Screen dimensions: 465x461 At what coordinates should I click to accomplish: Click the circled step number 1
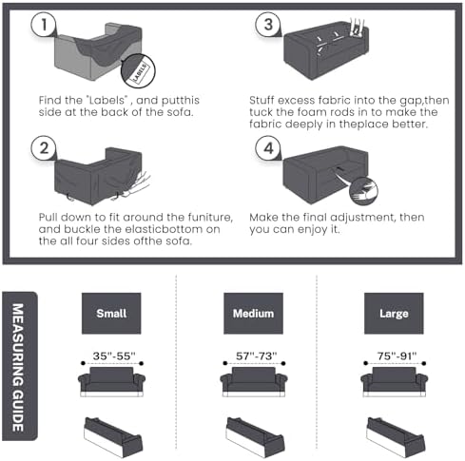click(44, 25)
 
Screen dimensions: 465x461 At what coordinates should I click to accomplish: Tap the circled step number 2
click(44, 148)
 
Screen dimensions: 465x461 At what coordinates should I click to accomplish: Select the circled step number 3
click(268, 25)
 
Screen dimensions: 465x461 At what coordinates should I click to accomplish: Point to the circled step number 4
click(268, 148)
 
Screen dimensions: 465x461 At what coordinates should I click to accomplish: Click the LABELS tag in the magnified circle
click(140, 73)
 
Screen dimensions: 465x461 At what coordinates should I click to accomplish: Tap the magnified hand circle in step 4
click(363, 191)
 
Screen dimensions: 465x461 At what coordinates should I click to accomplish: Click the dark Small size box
click(111, 314)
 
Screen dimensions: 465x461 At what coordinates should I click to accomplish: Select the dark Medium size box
click(253, 314)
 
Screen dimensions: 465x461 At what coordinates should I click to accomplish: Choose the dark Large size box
click(394, 314)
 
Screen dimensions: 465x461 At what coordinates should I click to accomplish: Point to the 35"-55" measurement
click(114, 356)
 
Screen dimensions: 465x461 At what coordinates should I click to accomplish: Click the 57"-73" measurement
click(256, 356)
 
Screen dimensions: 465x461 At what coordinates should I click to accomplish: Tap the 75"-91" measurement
click(397, 356)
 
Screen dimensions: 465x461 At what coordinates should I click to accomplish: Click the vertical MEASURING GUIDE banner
click(20, 366)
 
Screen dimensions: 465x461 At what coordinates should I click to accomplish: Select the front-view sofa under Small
click(111, 382)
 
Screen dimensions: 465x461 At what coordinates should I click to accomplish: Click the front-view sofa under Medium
click(254, 382)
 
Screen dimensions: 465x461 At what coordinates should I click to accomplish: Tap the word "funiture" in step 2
click(210, 218)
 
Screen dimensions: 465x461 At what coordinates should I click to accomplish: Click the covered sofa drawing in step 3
click(326, 49)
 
